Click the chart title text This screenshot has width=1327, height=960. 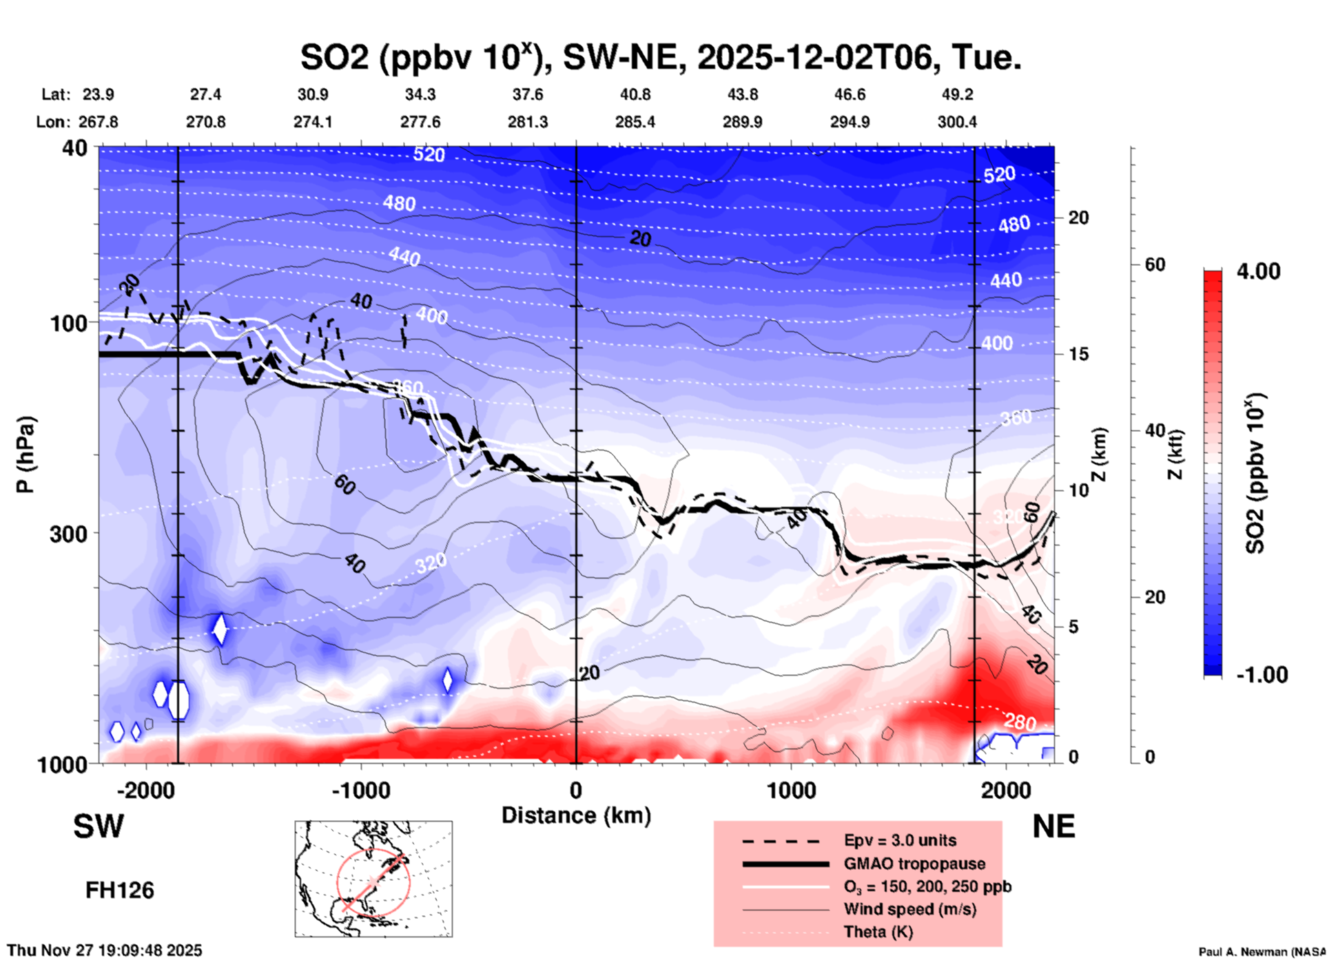[x=660, y=57]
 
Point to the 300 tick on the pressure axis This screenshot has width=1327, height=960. [x=69, y=533]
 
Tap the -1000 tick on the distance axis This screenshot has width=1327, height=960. [x=360, y=791]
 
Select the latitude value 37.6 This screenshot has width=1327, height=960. [x=528, y=94]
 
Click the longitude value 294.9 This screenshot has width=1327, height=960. [x=850, y=122]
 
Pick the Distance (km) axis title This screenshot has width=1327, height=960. [x=576, y=815]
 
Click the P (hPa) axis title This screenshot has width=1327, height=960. [x=26, y=455]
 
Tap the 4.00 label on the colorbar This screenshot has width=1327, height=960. [x=1258, y=271]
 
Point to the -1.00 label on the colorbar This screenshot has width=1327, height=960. [x=1261, y=674]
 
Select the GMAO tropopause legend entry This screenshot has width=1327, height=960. [x=914, y=864]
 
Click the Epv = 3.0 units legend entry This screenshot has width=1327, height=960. [x=900, y=840]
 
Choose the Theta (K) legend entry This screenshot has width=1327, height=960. [x=878, y=932]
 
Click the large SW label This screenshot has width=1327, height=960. [x=99, y=826]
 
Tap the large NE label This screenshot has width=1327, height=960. [x=1053, y=826]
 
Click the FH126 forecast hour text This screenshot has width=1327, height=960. [x=120, y=890]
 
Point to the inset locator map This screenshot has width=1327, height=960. [x=373, y=878]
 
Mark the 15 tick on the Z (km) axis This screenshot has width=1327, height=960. [x=1078, y=354]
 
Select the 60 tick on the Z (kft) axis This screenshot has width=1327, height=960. [x=1155, y=264]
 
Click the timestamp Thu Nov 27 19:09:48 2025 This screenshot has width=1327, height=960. [x=105, y=950]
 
